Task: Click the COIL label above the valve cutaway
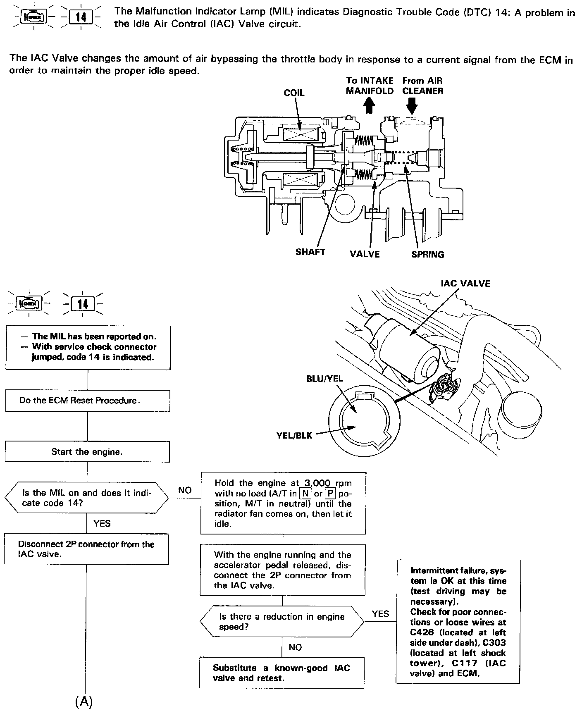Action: tap(294, 93)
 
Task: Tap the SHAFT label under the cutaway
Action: tap(310, 252)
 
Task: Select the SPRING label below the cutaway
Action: tap(427, 254)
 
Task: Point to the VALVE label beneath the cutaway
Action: tap(365, 254)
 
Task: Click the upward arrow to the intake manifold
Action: tap(369, 106)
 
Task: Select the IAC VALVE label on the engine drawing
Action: tap(465, 284)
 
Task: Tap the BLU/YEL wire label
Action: tap(324, 379)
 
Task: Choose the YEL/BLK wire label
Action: tap(294, 435)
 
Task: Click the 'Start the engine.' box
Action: tap(87, 452)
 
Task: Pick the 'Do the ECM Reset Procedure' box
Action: tap(87, 401)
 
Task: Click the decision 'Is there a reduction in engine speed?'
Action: tap(282, 622)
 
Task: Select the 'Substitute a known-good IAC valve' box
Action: tap(281, 673)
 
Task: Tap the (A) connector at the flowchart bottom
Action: tap(84, 701)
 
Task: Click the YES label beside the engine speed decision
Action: tap(380, 614)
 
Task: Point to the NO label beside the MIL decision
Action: tap(185, 490)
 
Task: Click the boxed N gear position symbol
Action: tap(305, 494)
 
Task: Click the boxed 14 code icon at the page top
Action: tap(81, 18)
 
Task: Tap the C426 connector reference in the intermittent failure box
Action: tap(422, 632)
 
